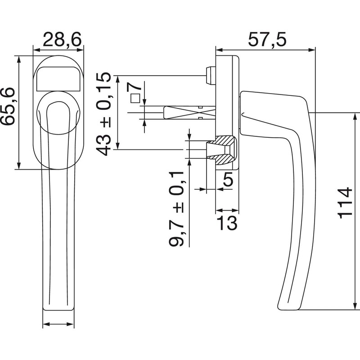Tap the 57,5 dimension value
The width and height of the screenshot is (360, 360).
267,41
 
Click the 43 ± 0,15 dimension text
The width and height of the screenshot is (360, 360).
104,114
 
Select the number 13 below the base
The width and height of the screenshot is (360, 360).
227,222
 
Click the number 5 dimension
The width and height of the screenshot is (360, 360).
227,180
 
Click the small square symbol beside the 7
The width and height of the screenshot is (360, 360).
134,99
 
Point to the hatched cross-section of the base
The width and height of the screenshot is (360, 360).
225,151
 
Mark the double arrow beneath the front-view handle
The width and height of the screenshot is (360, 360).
58,325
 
